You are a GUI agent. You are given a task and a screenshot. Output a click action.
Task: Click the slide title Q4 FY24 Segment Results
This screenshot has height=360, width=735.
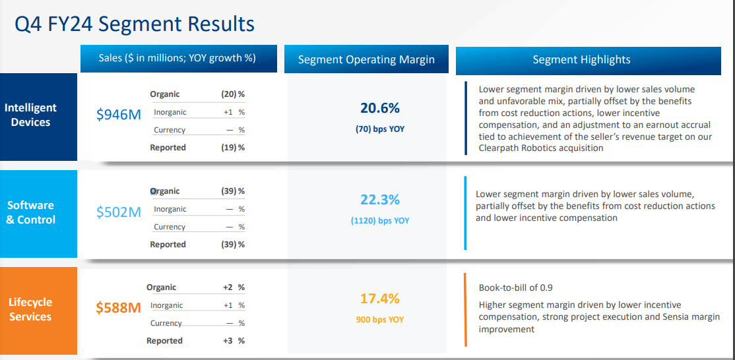pyautogui.click(x=135, y=24)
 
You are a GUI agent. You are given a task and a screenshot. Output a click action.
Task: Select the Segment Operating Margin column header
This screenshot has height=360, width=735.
pyautogui.click(x=366, y=59)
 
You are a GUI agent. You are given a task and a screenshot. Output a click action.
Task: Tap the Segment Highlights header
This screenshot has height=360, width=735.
pyautogui.click(x=581, y=60)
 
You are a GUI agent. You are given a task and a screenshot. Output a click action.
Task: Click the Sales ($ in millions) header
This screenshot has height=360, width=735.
pyautogui.click(x=177, y=58)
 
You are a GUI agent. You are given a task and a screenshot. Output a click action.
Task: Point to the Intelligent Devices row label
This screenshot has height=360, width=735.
pyautogui.click(x=31, y=115)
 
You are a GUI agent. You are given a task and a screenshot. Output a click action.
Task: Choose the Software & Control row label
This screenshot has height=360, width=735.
pyautogui.click(x=31, y=212)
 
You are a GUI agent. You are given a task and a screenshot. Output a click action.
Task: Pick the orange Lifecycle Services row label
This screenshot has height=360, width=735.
pyautogui.click(x=30, y=309)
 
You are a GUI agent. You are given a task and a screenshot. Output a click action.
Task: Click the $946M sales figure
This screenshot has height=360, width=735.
pyautogui.click(x=119, y=114)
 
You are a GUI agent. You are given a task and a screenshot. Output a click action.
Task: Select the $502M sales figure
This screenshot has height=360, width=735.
pyautogui.click(x=119, y=212)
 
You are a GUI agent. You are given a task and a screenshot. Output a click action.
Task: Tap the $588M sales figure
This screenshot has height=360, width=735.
pyautogui.click(x=119, y=307)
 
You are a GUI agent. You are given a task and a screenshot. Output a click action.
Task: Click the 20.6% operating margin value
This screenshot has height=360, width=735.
pyautogui.click(x=380, y=108)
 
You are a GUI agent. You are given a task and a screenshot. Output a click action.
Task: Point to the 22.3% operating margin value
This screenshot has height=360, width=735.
pyautogui.click(x=380, y=200)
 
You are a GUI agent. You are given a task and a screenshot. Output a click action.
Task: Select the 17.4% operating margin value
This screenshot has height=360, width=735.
pyautogui.click(x=380, y=299)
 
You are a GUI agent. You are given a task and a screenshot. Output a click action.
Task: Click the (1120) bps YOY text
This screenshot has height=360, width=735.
pyautogui.click(x=380, y=221)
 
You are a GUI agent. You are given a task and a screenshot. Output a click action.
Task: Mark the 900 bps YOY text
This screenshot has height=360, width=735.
pyautogui.click(x=380, y=320)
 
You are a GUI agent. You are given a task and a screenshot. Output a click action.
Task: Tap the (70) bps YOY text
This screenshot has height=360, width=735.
pyautogui.click(x=380, y=129)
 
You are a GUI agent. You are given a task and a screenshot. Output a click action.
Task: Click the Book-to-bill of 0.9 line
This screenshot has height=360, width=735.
pyautogui.click(x=517, y=288)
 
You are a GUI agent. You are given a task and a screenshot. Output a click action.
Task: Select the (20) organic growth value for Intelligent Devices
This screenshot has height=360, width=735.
pyautogui.click(x=229, y=94)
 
